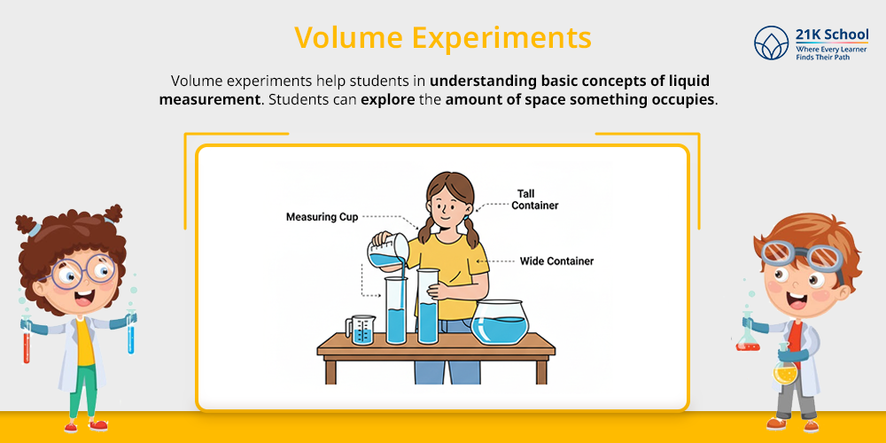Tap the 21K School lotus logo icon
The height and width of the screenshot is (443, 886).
point(771,43)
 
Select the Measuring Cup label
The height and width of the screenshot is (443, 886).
point(323,217)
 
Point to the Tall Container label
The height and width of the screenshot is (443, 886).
point(534,199)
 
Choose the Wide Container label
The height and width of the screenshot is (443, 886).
point(556,261)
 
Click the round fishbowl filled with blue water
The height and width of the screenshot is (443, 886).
point(501,323)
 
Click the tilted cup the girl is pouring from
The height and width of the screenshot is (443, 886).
point(388,251)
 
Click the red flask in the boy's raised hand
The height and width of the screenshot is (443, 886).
point(748,336)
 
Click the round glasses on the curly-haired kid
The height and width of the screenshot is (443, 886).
point(82,271)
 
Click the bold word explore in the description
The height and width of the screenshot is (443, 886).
point(388,99)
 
